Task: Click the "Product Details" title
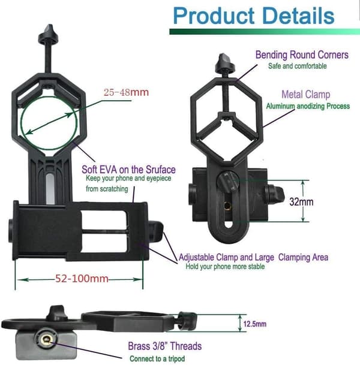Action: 254,16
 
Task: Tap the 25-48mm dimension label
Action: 126,92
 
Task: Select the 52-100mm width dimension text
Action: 82,279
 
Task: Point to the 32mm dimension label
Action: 301,201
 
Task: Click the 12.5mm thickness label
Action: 254,324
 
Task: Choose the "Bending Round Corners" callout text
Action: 302,55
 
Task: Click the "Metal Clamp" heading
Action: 306,95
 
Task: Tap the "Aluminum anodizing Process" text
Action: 308,106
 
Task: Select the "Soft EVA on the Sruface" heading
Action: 128,170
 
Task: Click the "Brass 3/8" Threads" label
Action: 165,346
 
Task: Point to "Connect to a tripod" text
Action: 157,359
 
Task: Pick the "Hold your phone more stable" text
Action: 225,266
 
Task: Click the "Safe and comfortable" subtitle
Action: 298,66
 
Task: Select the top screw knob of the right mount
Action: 224,62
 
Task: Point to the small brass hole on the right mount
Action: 227,206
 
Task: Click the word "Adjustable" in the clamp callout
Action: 196,258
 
